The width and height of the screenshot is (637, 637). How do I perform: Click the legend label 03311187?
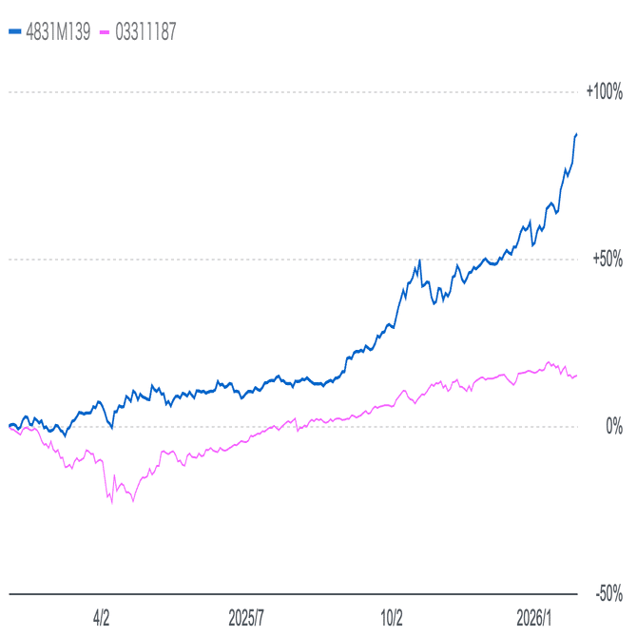[x=145, y=31]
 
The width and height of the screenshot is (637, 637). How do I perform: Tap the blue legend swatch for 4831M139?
[x=13, y=31]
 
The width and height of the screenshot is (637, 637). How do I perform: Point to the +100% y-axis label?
[x=604, y=92]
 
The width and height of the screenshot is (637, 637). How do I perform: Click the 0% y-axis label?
[x=615, y=427]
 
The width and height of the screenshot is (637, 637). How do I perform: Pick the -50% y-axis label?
[x=608, y=594]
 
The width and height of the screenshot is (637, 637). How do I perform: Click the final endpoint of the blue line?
[x=577, y=134]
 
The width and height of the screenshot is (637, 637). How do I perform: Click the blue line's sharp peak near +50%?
[x=419, y=260]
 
